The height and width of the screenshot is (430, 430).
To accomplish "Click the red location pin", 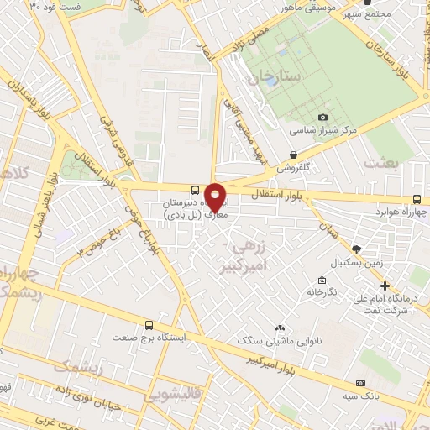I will click(x=215, y=198).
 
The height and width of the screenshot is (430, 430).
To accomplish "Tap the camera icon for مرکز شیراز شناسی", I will click(x=323, y=118).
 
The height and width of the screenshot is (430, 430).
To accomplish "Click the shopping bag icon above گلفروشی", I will click(x=292, y=155).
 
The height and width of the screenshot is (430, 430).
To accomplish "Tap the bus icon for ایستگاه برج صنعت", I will click(x=149, y=324).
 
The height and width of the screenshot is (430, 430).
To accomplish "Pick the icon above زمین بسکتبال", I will click(x=357, y=249).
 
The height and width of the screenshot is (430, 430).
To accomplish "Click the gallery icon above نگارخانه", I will click(x=321, y=280).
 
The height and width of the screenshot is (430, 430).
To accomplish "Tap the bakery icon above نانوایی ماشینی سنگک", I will click(x=280, y=328).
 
